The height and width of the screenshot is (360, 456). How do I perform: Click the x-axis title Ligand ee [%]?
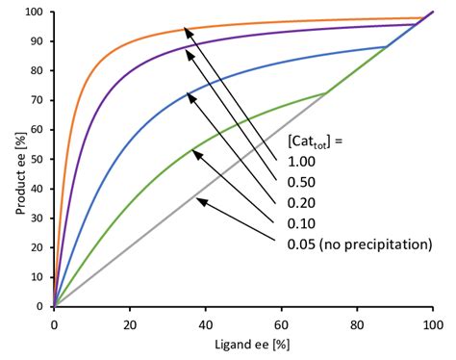pos(242,344)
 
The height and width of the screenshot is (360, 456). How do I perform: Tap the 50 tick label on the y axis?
pos(37,160)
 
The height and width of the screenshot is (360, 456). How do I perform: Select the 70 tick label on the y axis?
pos(37,101)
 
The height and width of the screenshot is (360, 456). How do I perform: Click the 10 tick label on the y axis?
pos(37,277)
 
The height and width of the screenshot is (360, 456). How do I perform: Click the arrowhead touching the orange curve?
pos(188,32)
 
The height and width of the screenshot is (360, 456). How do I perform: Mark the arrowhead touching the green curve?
pos(195,151)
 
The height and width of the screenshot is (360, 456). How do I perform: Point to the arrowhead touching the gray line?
pos(199,199)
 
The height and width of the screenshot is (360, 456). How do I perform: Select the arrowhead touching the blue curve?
pos(189,94)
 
